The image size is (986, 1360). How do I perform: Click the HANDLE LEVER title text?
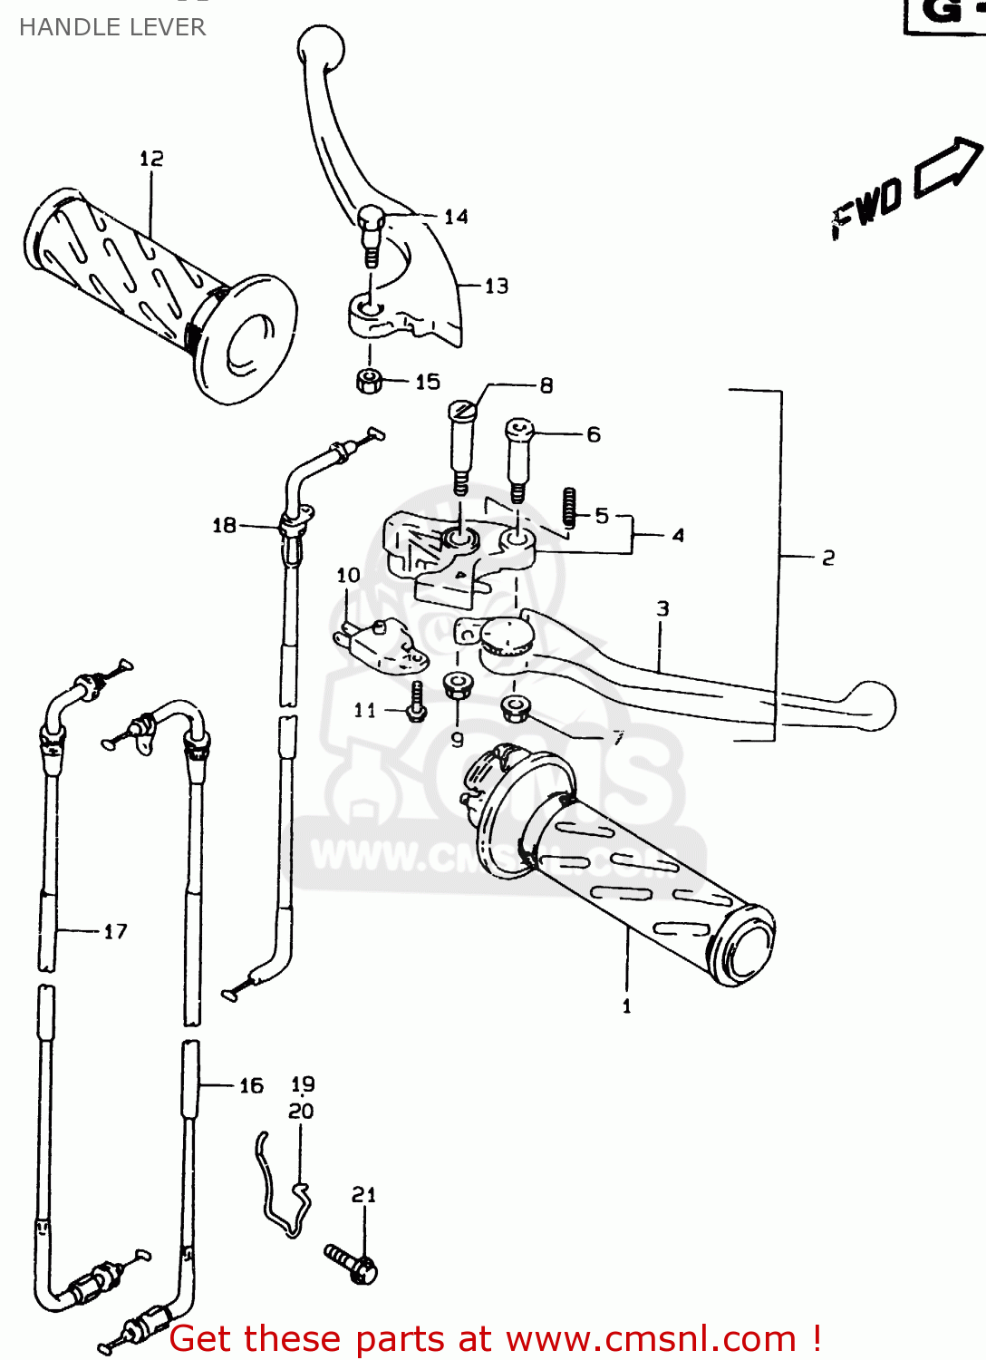(x=112, y=27)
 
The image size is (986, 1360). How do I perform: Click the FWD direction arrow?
(x=948, y=166)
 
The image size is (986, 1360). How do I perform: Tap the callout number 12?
(x=151, y=159)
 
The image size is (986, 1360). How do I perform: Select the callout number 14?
(x=456, y=217)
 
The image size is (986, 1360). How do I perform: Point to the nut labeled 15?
(x=368, y=381)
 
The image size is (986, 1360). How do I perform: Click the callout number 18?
(x=224, y=525)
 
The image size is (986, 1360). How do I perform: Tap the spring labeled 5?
(x=569, y=508)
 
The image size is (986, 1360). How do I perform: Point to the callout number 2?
(x=827, y=558)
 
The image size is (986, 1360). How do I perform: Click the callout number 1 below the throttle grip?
(x=626, y=1006)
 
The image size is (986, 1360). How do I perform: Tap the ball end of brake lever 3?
(x=871, y=705)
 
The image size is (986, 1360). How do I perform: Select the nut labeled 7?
(x=517, y=707)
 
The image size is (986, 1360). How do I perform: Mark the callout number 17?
(x=115, y=931)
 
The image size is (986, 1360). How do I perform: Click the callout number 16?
(x=251, y=1085)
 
